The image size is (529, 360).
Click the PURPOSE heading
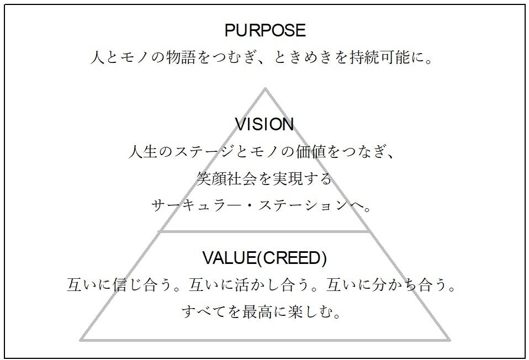coord(264,30)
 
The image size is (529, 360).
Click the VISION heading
coord(264,124)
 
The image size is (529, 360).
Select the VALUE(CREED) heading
coord(264,258)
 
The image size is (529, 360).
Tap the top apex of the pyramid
coord(265,88)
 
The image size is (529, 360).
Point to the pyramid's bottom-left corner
coord(82,339)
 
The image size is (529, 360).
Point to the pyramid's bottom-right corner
coord(449,339)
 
